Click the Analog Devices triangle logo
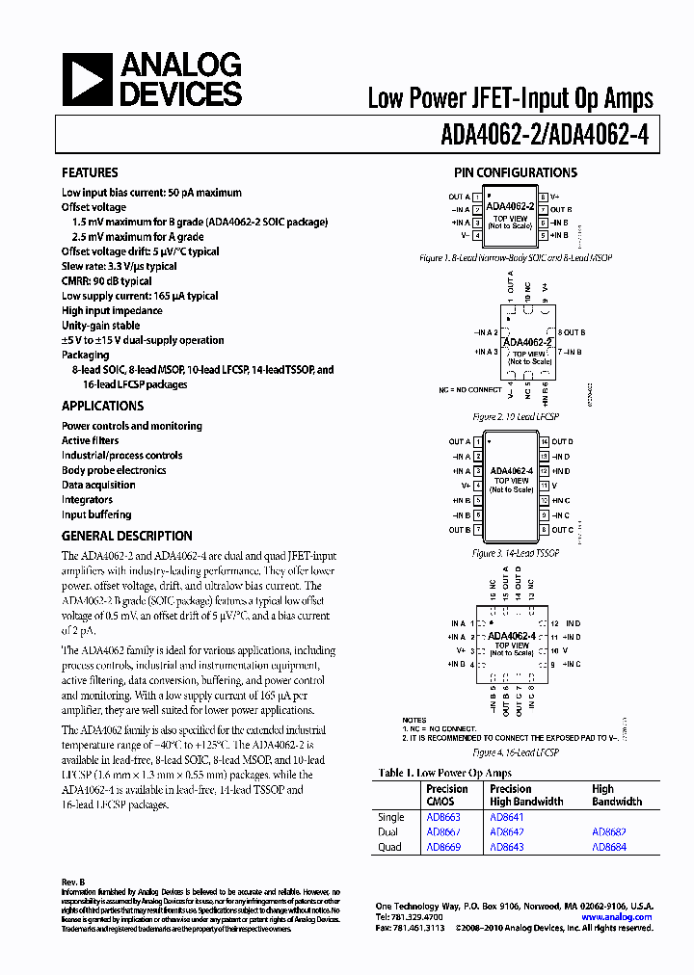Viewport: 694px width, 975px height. click(87, 80)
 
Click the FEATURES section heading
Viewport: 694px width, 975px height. click(90, 173)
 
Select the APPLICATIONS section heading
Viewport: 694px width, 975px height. click(102, 407)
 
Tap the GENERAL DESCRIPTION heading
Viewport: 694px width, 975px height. click(126, 536)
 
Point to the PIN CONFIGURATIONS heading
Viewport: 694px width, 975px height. click(516, 173)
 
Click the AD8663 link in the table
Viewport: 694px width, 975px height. click(443, 818)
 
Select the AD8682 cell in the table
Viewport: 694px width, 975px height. click(609, 832)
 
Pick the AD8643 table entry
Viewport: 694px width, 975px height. click(507, 847)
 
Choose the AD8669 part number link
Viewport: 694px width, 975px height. click(443, 847)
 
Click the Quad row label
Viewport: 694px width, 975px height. click(389, 847)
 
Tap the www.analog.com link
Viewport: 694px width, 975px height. click(617, 917)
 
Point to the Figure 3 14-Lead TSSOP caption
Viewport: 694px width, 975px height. click(516, 554)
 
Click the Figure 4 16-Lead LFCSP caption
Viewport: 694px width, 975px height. click(516, 753)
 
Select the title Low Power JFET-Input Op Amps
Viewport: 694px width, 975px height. click(510, 98)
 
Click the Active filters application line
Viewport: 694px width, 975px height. click(91, 441)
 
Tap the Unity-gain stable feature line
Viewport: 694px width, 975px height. click(100, 326)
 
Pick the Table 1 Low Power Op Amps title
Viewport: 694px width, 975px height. click(445, 773)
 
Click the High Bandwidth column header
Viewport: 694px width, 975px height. click(616, 795)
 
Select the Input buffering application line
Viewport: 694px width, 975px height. click(96, 514)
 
